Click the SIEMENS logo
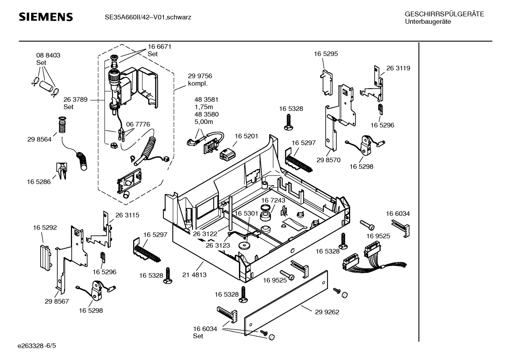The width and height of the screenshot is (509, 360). [46, 17]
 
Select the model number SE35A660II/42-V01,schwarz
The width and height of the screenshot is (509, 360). [148, 17]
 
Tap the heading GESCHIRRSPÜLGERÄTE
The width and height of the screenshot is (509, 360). [444, 14]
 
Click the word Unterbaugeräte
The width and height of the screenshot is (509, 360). [428, 22]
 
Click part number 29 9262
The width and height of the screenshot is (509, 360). [327, 312]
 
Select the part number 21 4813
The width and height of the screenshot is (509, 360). [194, 275]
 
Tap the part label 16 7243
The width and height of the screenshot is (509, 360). [273, 200]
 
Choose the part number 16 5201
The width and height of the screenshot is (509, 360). [246, 136]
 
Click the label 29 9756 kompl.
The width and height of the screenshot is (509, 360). [200, 80]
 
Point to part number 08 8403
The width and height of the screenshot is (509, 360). [48, 55]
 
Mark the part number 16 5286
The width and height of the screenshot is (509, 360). [39, 182]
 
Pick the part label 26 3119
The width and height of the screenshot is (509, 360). [398, 68]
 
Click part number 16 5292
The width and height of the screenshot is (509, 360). [45, 228]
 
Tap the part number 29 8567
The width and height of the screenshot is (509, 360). [57, 301]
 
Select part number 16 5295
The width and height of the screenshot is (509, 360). [326, 54]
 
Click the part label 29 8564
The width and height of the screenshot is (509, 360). [39, 140]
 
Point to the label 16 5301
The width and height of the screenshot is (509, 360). [246, 213]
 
